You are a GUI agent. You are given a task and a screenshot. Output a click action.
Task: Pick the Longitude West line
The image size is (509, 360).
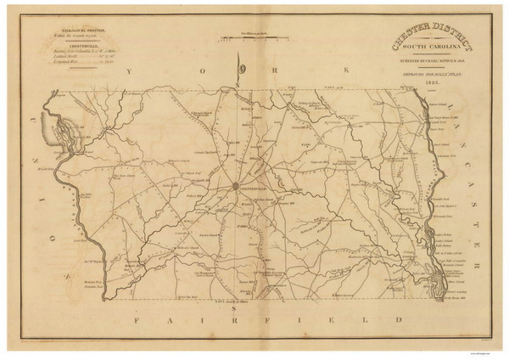pos(72,65)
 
